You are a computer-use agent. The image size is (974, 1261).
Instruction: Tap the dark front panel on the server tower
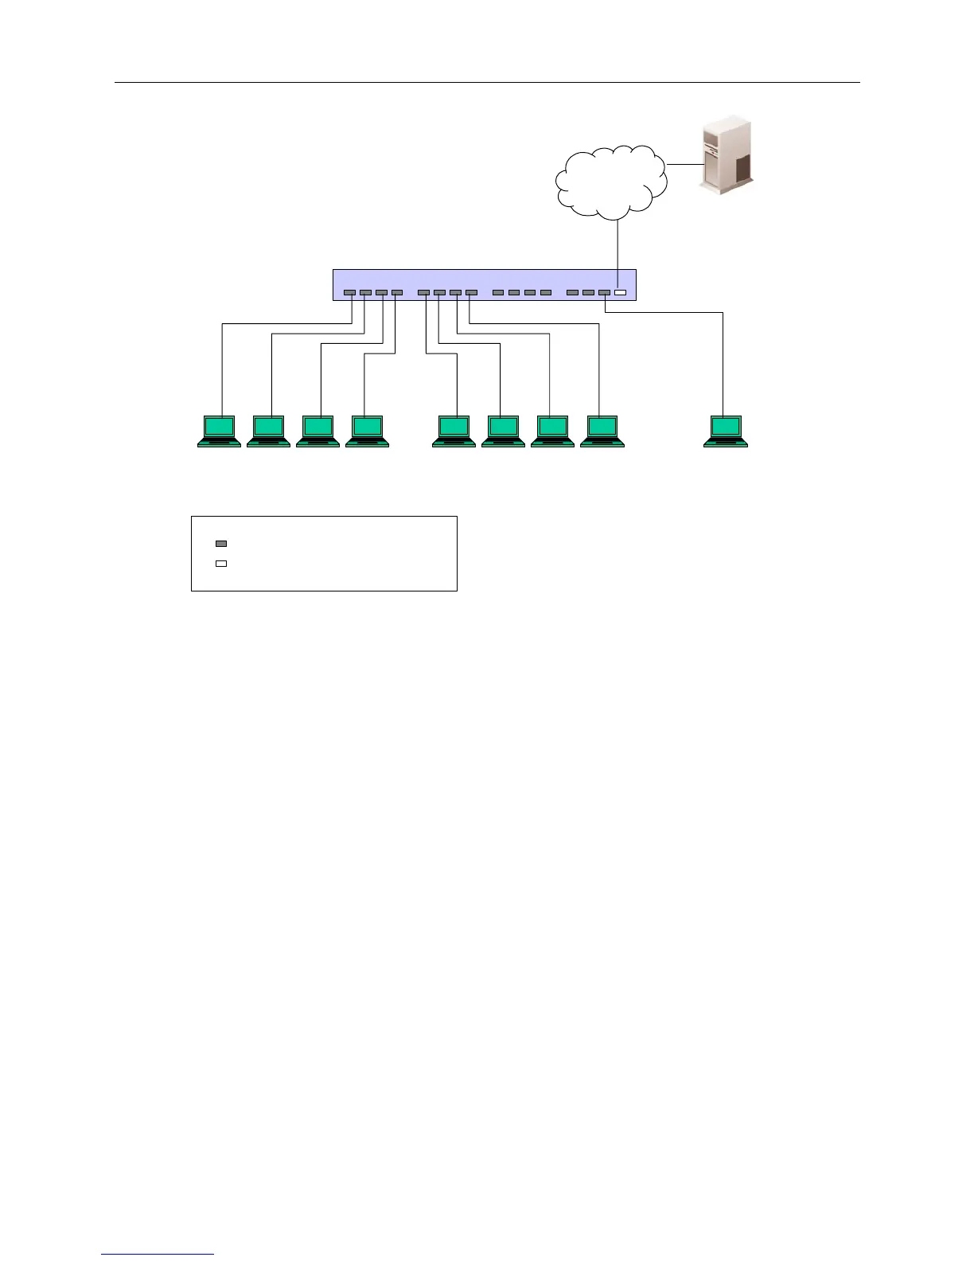[742, 169]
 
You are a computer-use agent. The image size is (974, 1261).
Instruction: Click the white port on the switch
[620, 293]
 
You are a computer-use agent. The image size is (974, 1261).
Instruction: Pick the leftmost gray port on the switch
[349, 293]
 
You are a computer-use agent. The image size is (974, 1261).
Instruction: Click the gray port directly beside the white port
[604, 293]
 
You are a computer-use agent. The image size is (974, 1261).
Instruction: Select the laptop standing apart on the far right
[725, 431]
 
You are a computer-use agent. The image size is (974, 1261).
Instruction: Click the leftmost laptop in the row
[219, 431]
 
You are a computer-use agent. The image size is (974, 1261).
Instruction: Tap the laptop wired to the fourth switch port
[367, 431]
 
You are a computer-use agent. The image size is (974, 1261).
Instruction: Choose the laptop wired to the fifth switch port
[454, 431]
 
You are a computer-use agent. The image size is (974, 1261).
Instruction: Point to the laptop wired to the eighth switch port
[602, 431]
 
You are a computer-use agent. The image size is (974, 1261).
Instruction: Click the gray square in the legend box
[221, 544]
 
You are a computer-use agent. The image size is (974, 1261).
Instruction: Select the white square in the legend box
[221, 564]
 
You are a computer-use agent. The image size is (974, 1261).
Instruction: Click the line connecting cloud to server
[683, 165]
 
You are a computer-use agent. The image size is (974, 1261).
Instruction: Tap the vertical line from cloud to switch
[618, 245]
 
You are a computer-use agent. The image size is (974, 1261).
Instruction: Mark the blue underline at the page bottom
[158, 1254]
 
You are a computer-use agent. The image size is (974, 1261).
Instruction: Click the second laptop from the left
[268, 431]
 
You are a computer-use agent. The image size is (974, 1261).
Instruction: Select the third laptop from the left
[318, 431]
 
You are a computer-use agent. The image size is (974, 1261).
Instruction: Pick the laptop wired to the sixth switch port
[503, 431]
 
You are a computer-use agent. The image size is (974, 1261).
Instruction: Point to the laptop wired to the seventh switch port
[552, 431]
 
